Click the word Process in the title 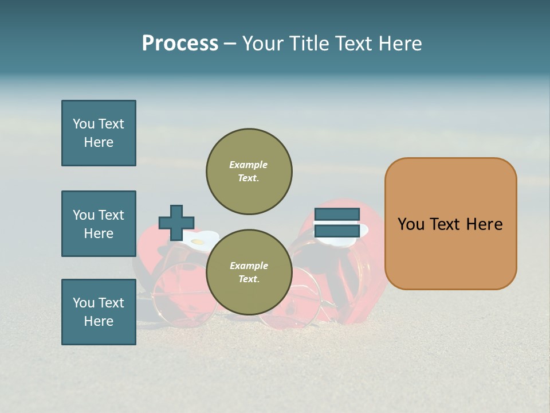click(180, 44)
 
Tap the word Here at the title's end click(399, 44)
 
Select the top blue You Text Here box click(99, 133)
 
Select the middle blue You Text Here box click(99, 224)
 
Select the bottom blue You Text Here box click(99, 312)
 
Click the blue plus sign click(176, 223)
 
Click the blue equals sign click(337, 223)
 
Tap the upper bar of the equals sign click(337, 215)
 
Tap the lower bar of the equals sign click(337, 231)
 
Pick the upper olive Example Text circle click(249, 172)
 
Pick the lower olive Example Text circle click(249, 272)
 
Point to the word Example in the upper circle click(249, 165)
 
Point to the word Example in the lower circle click(249, 266)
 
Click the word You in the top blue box click(84, 124)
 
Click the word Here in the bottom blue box click(99, 321)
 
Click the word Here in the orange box click(484, 224)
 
